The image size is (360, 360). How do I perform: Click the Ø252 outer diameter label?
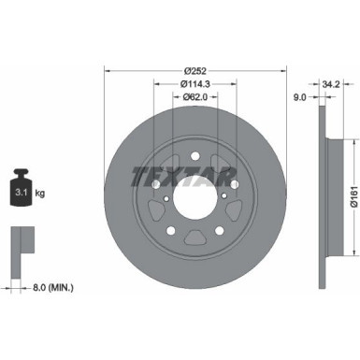point(195,70)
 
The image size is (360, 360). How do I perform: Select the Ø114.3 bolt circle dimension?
point(194,83)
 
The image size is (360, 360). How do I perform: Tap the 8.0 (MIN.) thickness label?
point(50,286)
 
